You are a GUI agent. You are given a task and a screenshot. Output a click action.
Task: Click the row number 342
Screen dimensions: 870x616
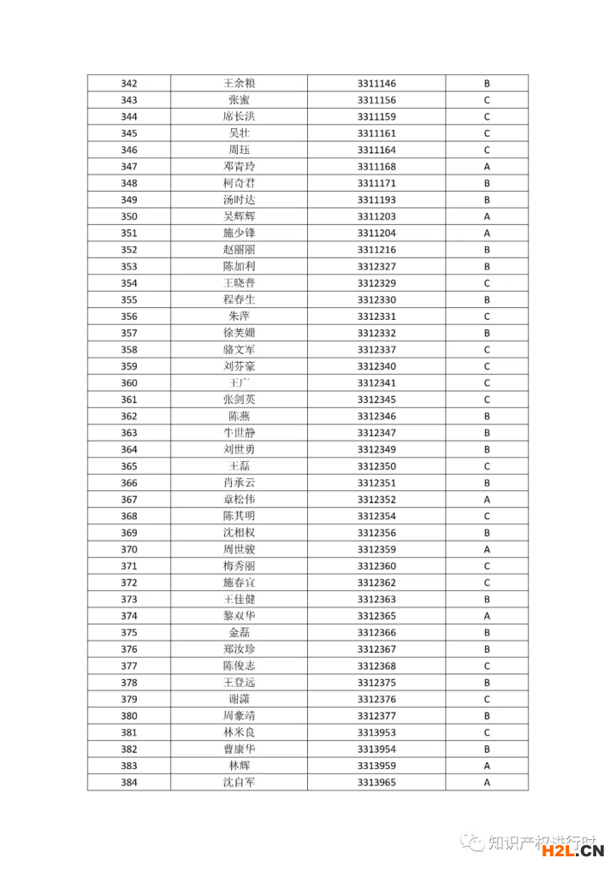[129, 84]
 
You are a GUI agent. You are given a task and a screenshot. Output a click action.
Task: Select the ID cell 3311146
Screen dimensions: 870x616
[376, 84]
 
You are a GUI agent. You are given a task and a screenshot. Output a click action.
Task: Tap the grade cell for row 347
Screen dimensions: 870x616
[487, 167]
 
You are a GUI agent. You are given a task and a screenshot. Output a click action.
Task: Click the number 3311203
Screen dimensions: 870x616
[376, 216]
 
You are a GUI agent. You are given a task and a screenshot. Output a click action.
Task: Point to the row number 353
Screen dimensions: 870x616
[129, 267]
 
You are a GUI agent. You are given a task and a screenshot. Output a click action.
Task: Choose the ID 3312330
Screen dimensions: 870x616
[376, 300]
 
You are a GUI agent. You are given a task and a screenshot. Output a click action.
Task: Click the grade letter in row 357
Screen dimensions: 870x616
[487, 333]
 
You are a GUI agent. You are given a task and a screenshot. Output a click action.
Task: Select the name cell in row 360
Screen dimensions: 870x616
[239, 383]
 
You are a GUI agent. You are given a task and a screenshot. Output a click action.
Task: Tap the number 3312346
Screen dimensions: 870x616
[376, 417]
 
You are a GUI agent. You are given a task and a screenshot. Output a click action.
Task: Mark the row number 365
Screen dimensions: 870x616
[129, 466]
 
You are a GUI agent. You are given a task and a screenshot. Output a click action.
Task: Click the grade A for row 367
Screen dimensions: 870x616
[487, 500]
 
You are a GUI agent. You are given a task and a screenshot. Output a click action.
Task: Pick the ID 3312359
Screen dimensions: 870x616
[376, 549]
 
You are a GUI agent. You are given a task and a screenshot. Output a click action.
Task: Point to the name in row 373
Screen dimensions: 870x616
[239, 600]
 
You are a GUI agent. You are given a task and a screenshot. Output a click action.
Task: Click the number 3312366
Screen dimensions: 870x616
[376, 633]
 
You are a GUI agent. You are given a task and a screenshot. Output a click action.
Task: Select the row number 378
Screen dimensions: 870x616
[129, 683]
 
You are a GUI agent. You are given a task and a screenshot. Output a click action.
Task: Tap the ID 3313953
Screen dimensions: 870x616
[376, 733]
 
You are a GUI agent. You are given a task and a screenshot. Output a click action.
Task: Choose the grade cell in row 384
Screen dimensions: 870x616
[487, 783]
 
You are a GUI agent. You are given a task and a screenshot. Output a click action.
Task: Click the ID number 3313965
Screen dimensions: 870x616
[376, 783]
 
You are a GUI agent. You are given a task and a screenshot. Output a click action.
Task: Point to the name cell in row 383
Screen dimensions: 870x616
[239, 766]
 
